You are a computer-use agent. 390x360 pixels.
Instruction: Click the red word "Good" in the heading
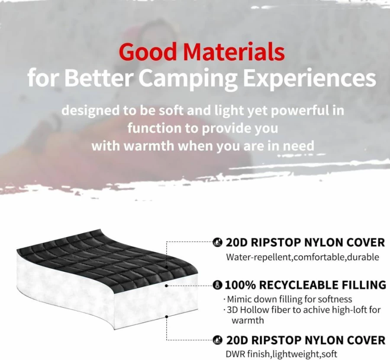pyautogui.click(x=148, y=52)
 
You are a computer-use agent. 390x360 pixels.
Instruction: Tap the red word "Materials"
pyautogui.click(x=234, y=52)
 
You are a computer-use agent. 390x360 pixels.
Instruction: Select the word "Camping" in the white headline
pyautogui.click(x=189, y=78)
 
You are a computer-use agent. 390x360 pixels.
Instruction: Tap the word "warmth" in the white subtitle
pyautogui.click(x=149, y=146)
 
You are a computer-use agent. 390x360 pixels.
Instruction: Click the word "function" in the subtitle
pyautogui.click(x=154, y=128)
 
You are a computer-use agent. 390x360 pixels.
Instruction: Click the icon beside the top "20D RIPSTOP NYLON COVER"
pyautogui.click(x=218, y=242)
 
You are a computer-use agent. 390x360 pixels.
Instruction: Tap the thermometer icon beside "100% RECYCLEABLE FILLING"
pyautogui.click(x=218, y=285)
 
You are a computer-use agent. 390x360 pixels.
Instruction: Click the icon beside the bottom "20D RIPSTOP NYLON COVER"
pyautogui.click(x=218, y=340)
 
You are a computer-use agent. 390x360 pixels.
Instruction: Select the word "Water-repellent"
pyautogui.click(x=259, y=257)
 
